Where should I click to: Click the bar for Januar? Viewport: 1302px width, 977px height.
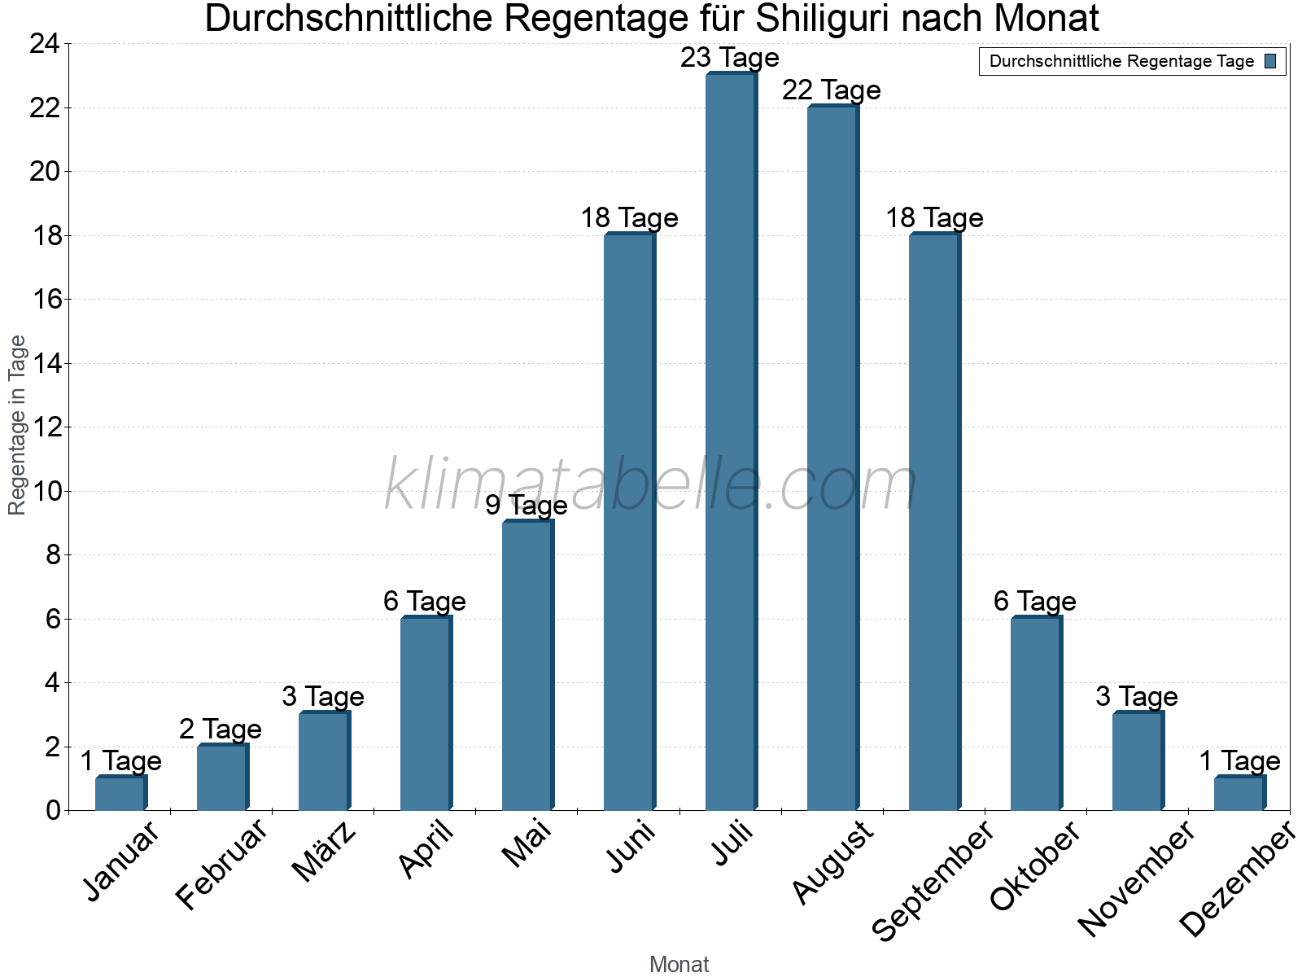pyautogui.click(x=120, y=794)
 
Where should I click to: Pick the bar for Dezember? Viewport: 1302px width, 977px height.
pyautogui.click(x=1239, y=794)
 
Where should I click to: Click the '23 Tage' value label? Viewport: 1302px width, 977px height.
pyautogui.click(x=730, y=58)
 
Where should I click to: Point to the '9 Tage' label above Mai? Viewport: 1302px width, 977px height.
pyautogui.click(x=526, y=506)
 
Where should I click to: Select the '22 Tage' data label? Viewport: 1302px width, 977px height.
pyautogui.click(x=832, y=90)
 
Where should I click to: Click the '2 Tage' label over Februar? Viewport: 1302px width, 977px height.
pyautogui.click(x=221, y=729)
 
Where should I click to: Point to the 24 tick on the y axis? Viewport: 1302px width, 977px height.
pyautogui.click(x=45, y=44)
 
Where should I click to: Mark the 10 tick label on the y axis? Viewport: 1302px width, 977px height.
pyautogui.click(x=45, y=491)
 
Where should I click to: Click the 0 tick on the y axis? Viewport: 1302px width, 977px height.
pyautogui.click(x=53, y=810)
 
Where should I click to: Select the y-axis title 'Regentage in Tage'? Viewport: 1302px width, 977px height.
pyautogui.click(x=17, y=425)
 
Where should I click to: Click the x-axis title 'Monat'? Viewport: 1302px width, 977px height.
pyautogui.click(x=679, y=964)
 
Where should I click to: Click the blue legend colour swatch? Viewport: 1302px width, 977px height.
pyautogui.click(x=1270, y=61)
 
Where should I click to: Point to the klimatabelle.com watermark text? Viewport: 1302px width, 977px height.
pyautogui.click(x=651, y=485)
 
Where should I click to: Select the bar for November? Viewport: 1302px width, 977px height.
pyautogui.click(x=1138, y=761)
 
